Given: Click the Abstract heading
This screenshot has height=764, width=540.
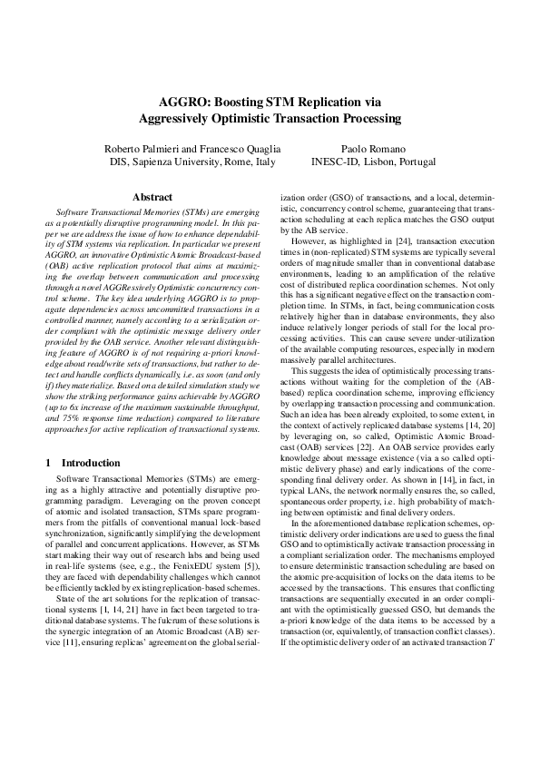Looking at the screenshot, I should coord(152,196).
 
